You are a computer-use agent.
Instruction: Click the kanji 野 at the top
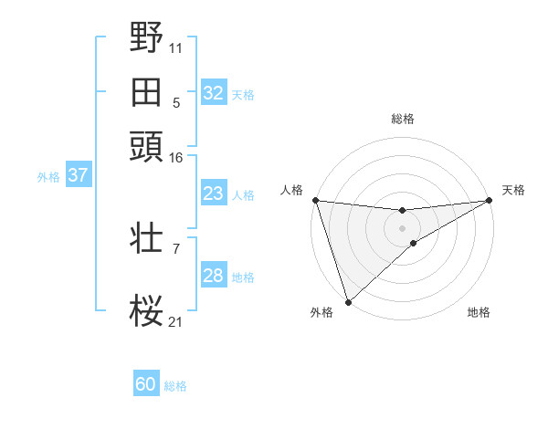tap(147, 38)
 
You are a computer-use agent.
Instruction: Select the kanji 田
tap(147, 92)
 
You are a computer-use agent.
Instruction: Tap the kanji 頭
tap(147, 144)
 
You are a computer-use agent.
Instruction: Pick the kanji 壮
tap(147, 239)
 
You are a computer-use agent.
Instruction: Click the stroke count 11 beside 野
tap(175, 46)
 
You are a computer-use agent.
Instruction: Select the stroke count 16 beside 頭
tap(175, 158)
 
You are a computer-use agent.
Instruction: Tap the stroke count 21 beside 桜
tap(175, 320)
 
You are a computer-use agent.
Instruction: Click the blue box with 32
tap(213, 93)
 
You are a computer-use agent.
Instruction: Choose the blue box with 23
tap(213, 194)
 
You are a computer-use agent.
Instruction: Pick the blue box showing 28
tap(213, 276)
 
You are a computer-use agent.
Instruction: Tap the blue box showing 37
tap(78, 175)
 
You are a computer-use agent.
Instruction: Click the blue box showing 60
tap(146, 384)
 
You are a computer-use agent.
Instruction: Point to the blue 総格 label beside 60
tap(175, 386)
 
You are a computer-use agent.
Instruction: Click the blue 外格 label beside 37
tap(48, 177)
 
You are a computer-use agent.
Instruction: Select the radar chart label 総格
tap(403, 119)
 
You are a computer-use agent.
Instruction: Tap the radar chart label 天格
tap(513, 190)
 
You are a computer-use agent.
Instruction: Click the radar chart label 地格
tap(479, 312)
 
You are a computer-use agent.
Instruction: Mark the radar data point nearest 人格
tap(315, 200)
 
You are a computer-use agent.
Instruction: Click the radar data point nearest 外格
tap(348, 302)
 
